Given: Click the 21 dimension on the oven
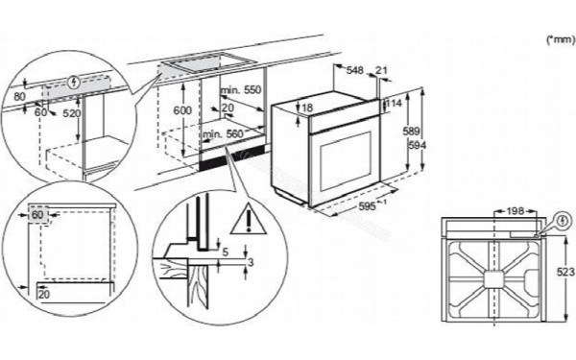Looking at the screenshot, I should coord(384,71).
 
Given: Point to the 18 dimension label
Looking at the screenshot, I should coord(307,108).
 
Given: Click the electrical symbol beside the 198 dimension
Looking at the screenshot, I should coord(562,219).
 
